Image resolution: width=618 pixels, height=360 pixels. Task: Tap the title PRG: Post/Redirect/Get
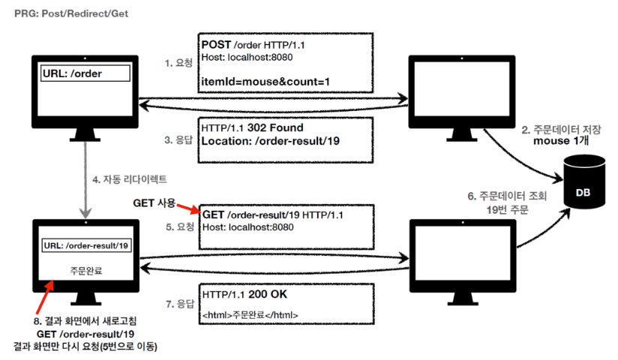pyautogui.click(x=68, y=13)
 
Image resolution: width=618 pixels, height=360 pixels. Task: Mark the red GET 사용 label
pyautogui.click(x=154, y=203)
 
